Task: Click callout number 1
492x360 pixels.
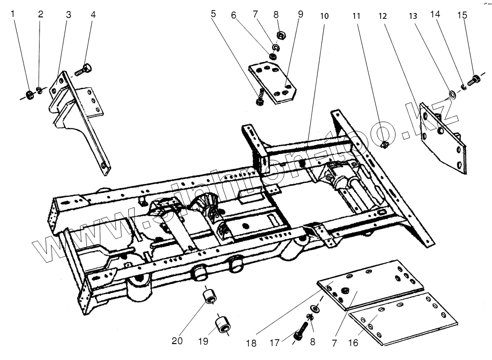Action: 14,14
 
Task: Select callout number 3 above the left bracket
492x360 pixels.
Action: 68,14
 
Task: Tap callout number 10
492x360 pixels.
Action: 324,15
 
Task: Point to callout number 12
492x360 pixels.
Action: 383,15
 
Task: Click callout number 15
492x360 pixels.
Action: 462,15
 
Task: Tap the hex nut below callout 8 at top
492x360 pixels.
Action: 280,35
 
